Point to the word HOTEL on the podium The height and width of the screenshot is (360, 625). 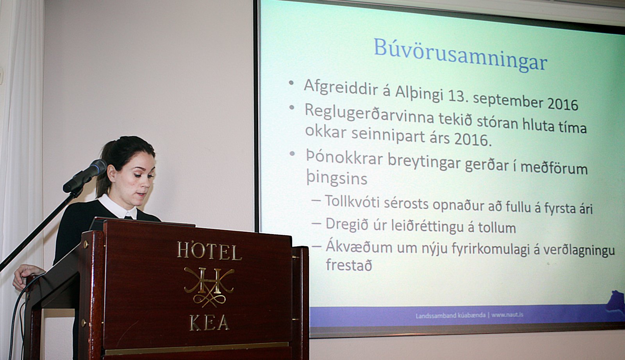[x=209, y=251]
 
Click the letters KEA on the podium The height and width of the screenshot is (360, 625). [x=209, y=323]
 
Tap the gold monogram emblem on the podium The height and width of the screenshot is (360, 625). [x=209, y=287]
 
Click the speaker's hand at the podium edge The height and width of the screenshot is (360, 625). [x=26, y=273]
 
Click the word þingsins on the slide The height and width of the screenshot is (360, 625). [x=336, y=178]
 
